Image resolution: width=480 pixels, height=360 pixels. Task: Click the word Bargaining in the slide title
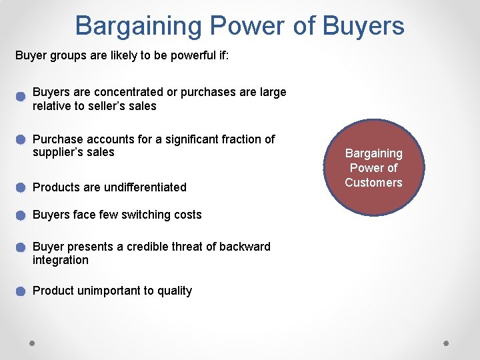138,26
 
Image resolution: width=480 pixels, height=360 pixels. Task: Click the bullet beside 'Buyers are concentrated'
21,95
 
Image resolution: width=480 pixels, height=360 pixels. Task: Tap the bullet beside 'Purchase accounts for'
21,140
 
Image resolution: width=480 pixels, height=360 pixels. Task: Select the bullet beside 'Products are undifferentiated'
21,187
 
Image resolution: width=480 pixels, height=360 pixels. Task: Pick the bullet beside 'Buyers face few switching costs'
21,215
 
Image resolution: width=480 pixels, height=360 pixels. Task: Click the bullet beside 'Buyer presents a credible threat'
21,247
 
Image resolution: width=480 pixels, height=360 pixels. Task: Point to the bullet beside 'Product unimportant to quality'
21,291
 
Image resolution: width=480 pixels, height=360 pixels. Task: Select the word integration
60,260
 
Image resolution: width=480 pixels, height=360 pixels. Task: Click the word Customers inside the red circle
373,183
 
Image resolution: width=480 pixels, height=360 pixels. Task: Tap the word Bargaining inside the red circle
373,153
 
